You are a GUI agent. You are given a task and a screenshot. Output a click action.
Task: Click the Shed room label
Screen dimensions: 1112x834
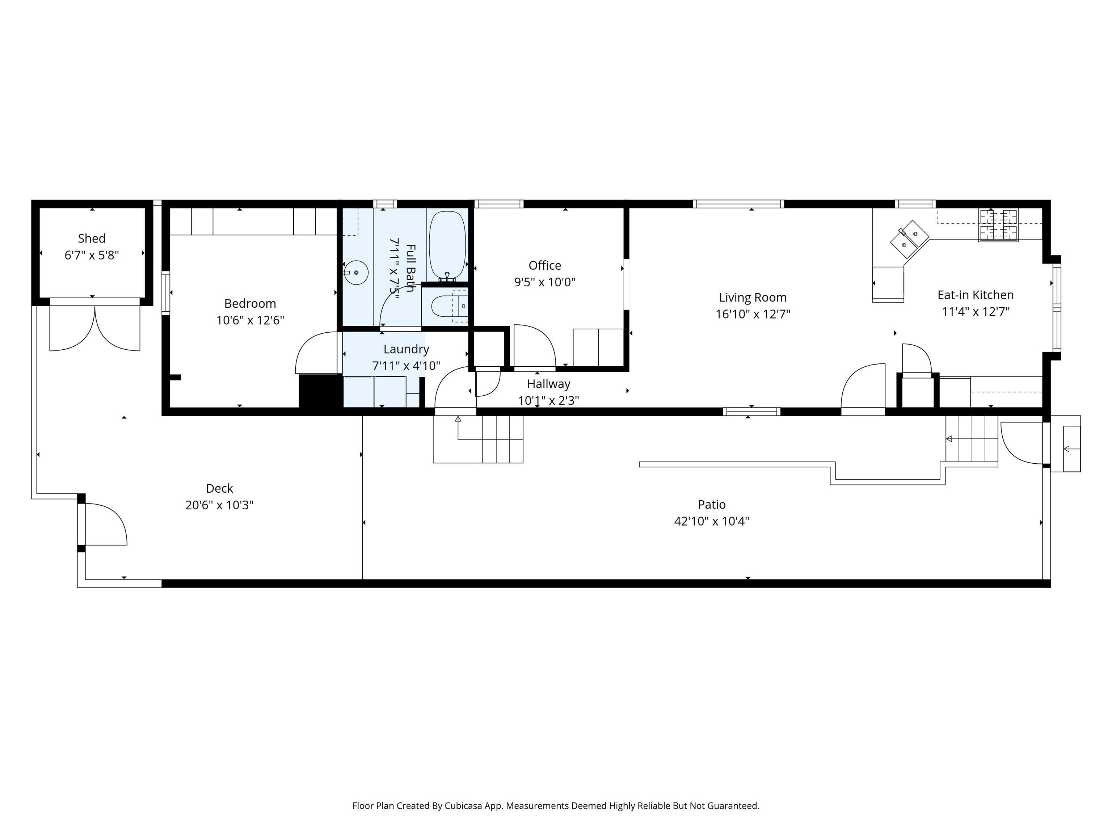pyautogui.click(x=92, y=238)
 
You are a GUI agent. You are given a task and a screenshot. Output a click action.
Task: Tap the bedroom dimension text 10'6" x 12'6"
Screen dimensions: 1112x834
pyautogui.click(x=250, y=320)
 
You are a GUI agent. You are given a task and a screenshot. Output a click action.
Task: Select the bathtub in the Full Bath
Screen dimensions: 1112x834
pyautogui.click(x=447, y=246)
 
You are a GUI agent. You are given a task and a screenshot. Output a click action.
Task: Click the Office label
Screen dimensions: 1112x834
pyautogui.click(x=545, y=265)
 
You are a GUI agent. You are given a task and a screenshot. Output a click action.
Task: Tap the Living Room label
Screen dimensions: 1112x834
pyautogui.click(x=753, y=298)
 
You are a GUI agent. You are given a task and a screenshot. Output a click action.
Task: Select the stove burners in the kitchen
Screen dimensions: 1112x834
pyautogui.click(x=998, y=225)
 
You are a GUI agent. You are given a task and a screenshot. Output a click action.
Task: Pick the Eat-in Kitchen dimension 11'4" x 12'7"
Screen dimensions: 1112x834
pyautogui.click(x=976, y=312)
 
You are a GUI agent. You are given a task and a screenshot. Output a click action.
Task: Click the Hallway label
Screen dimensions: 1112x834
pyautogui.click(x=548, y=384)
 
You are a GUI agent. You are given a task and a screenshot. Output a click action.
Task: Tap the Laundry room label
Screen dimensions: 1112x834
pyautogui.click(x=406, y=349)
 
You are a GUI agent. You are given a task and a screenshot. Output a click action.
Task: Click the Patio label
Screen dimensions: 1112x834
pyautogui.click(x=711, y=504)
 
